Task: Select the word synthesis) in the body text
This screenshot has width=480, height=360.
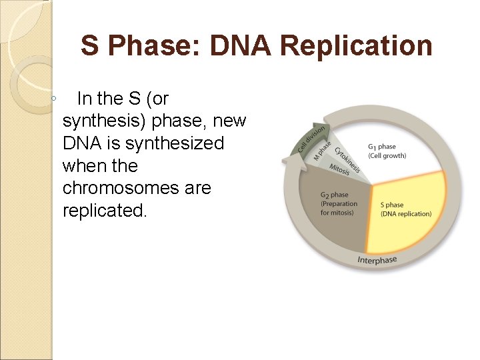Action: pyautogui.click(x=105, y=121)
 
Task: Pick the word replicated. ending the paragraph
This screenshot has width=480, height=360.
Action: pyautogui.click(x=103, y=211)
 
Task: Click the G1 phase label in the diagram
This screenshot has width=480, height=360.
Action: pyautogui.click(x=382, y=147)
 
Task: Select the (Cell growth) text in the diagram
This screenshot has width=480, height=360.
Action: pyautogui.click(x=387, y=156)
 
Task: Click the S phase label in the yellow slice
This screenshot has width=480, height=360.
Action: pyautogui.click(x=391, y=205)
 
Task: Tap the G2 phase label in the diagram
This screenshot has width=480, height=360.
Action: pyautogui.click(x=334, y=195)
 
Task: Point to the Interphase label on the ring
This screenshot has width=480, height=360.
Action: pyautogui.click(x=377, y=259)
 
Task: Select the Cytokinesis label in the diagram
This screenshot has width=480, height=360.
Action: pyautogui.click(x=347, y=160)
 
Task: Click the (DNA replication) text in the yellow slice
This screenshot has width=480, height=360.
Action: pyautogui.click(x=406, y=214)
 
